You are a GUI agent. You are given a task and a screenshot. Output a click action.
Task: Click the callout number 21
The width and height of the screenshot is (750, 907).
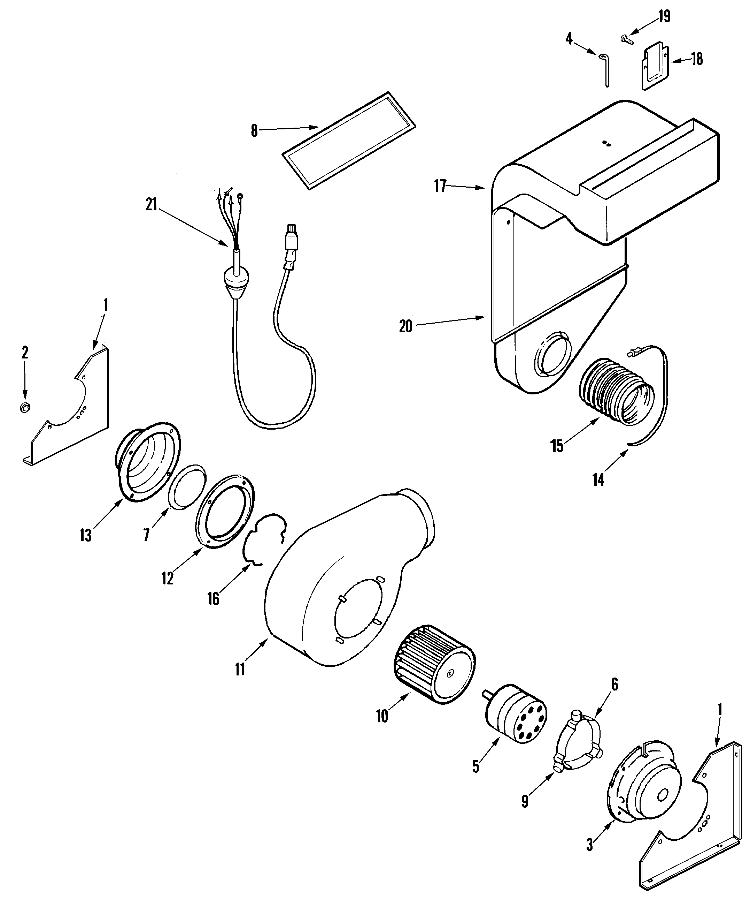coord(151,204)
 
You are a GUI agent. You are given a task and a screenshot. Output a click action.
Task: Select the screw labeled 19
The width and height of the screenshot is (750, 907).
coord(626,39)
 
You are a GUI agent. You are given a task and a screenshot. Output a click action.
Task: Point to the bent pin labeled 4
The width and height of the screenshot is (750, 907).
coord(605,69)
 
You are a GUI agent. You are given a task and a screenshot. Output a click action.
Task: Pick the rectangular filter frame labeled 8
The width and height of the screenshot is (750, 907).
coord(349,141)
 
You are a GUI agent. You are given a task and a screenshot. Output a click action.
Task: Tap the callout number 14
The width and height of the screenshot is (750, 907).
coord(598,479)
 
